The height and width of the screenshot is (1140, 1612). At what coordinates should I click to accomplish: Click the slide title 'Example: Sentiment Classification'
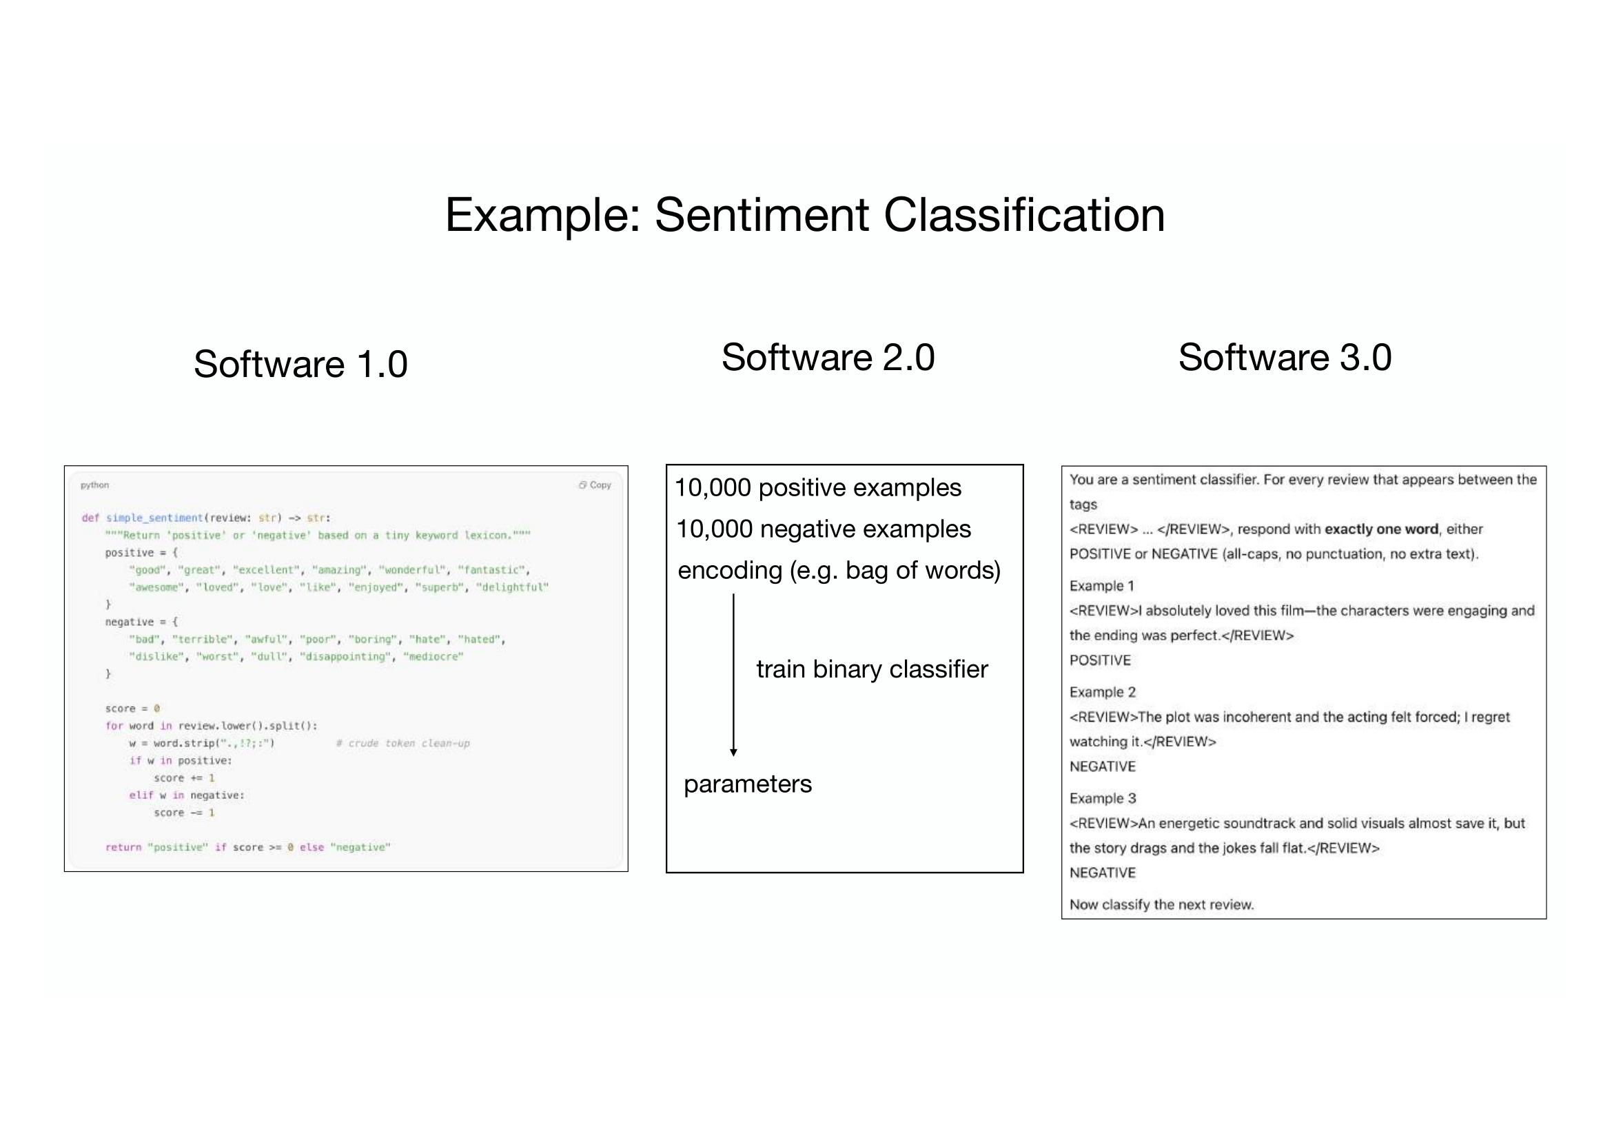[804, 215]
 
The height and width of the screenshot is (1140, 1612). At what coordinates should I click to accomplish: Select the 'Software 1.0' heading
[300, 364]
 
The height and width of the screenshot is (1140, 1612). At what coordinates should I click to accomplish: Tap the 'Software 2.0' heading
[828, 357]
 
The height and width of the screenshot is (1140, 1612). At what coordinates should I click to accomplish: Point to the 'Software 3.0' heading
[1284, 357]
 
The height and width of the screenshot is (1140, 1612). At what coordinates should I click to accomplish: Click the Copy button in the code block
[595, 485]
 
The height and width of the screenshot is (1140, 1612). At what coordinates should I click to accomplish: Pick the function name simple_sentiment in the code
[154, 518]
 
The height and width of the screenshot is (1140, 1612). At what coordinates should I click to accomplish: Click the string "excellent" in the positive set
[265, 570]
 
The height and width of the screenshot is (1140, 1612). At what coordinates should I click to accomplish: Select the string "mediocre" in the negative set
[433, 657]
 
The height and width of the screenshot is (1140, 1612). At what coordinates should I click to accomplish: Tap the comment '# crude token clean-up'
[402, 744]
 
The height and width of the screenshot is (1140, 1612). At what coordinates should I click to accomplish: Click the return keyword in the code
[123, 848]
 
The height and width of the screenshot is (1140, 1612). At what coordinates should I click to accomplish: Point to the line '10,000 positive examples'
[818, 488]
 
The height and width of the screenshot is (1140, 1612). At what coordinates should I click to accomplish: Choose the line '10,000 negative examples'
[823, 529]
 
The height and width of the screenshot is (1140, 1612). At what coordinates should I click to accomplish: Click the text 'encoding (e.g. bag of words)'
[839, 571]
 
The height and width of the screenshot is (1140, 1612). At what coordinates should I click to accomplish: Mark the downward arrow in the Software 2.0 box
[734, 674]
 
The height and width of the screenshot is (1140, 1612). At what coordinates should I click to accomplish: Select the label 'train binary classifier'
[872, 670]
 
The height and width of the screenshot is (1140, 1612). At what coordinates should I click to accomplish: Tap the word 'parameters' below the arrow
[748, 784]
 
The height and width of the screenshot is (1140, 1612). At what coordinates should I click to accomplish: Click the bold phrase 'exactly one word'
[1381, 529]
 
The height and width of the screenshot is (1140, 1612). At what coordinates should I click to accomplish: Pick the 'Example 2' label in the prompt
[1102, 692]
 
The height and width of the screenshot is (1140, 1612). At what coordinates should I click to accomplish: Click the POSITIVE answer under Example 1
[1100, 660]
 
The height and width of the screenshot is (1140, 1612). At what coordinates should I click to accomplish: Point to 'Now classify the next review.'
[1161, 905]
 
